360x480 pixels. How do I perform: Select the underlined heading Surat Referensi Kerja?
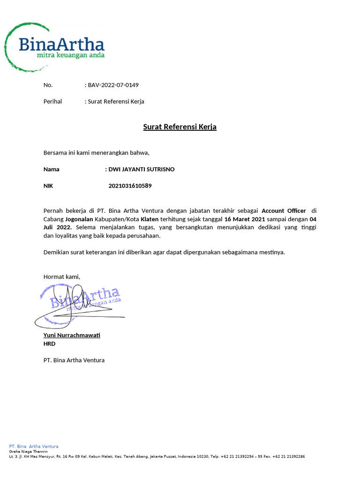(x=180, y=127)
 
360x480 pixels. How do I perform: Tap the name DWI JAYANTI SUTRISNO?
(x=141, y=169)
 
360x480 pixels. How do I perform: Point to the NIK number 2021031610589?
(x=130, y=186)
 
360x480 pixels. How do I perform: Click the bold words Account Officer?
(x=284, y=211)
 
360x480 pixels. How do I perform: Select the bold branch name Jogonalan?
(x=79, y=219)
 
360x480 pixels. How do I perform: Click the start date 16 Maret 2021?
(x=245, y=219)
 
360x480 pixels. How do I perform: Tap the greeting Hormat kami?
(x=61, y=277)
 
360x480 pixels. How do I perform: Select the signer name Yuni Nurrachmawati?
(x=72, y=335)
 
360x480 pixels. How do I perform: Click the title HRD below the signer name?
(x=49, y=344)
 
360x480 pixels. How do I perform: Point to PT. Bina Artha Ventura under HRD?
(x=74, y=360)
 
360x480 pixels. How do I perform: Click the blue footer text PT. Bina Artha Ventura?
(x=34, y=446)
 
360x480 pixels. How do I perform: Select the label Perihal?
(x=52, y=101)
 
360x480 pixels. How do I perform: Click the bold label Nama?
(x=52, y=169)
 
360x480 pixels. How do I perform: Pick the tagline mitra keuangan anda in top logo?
(x=70, y=55)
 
